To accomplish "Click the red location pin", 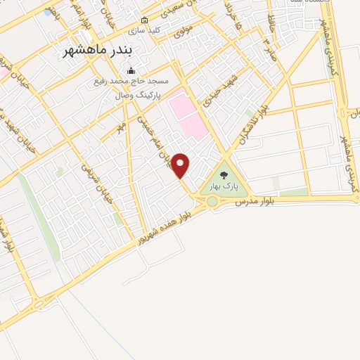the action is coord(181,165).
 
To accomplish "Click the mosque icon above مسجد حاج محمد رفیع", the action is coord(131,72).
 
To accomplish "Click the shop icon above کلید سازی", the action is coord(145,20).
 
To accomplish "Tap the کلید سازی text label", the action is coord(144,31).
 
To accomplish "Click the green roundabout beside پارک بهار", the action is coord(212,202).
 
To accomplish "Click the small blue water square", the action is coord(47,13).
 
